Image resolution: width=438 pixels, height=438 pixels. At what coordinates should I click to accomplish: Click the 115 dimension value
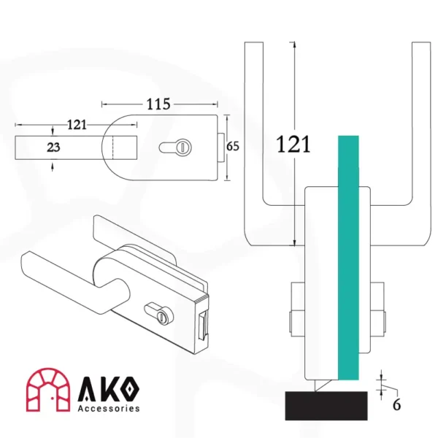158,104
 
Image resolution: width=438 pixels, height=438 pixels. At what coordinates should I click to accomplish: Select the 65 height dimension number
232,146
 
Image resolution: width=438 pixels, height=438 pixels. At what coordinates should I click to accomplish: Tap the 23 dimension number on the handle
53,147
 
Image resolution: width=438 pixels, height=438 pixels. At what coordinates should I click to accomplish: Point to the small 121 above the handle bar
77,125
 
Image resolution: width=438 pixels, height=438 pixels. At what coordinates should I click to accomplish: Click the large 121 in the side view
293,144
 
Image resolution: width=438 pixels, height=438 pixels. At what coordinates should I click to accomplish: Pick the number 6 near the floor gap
396,404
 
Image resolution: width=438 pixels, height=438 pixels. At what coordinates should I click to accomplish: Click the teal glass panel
348,258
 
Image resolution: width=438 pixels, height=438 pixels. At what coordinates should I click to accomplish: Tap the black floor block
326,406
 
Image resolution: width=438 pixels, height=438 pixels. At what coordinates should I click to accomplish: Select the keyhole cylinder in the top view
175,147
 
